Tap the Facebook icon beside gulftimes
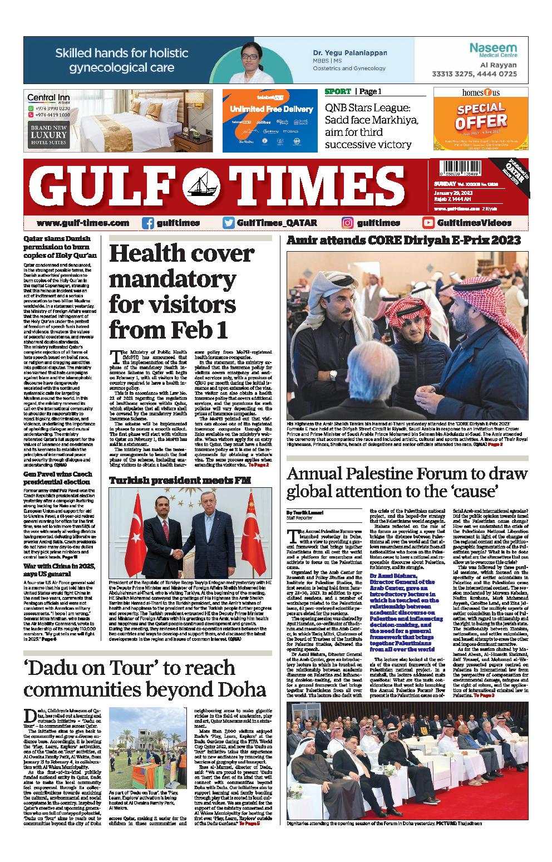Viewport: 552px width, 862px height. click(148, 223)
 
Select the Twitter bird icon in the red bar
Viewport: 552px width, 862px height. click(228, 223)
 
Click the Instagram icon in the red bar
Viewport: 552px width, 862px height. click(348, 223)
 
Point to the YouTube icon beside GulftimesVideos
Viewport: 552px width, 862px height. click(428, 223)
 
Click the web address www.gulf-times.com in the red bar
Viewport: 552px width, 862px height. click(83, 223)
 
